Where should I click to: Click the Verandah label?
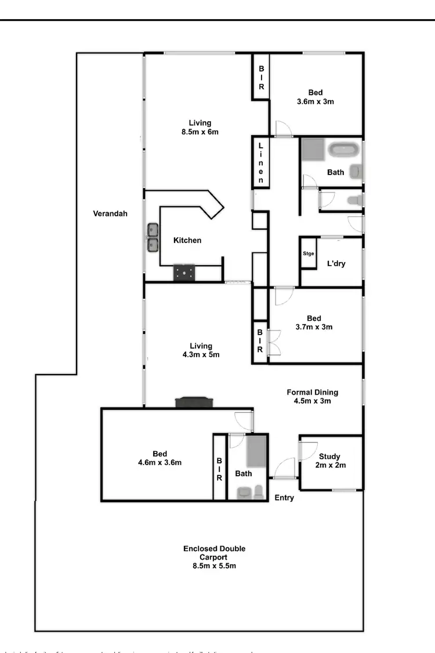pos(110,213)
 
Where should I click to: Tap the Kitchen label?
pos(187,240)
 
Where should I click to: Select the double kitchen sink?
pos(153,238)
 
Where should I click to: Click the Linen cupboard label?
pos(261,163)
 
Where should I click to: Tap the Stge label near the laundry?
pos(308,253)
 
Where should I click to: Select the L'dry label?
pos(336,263)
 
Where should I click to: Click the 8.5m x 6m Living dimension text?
pos(200,132)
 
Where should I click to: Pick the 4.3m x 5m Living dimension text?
pos(201,355)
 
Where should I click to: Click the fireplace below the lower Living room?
pos(194,402)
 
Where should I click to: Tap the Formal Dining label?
pos(312,392)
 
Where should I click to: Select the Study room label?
pos(329,456)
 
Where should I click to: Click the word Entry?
pos(284,498)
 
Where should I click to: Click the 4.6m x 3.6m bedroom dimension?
pos(160,463)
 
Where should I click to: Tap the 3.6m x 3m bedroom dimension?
pos(315,101)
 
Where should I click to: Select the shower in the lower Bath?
pos(257,452)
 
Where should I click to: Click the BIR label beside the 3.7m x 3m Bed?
pos(260,341)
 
